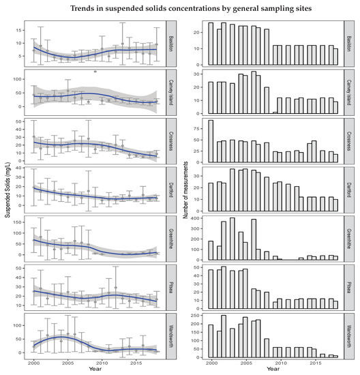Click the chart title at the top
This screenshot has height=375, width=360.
click(x=180, y=8)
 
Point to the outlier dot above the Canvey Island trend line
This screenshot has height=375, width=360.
click(x=95, y=71)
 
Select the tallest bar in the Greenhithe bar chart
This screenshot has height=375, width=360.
click(x=232, y=239)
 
